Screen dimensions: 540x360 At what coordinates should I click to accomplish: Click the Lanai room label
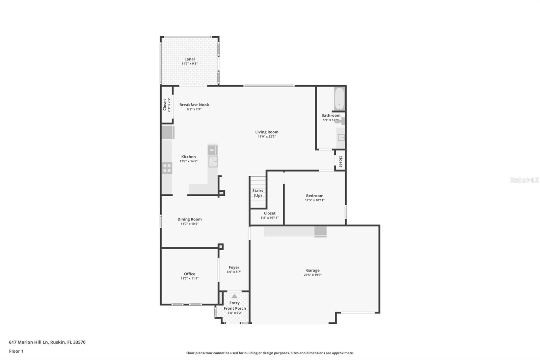(189, 59)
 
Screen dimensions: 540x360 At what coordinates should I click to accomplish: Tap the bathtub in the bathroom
(340, 99)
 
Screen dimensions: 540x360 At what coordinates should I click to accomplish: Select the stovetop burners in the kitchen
(167, 168)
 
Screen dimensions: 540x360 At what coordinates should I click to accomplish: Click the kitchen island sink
(213, 161)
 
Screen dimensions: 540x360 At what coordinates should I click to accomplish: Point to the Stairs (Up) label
(258, 193)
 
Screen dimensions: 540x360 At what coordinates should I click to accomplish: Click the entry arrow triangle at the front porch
(234, 296)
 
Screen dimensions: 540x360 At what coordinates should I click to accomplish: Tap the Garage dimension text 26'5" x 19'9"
(313, 275)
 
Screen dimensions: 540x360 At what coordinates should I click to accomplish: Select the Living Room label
(267, 132)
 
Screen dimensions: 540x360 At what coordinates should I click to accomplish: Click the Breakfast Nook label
(194, 105)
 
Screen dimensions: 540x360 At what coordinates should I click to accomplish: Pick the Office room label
(189, 274)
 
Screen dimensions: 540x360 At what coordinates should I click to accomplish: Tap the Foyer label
(234, 267)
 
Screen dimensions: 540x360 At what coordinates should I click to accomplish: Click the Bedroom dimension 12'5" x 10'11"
(315, 200)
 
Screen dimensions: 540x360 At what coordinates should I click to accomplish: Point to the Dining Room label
(189, 219)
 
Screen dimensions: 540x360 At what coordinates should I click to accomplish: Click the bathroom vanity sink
(341, 138)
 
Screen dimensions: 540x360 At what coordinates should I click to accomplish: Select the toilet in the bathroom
(340, 121)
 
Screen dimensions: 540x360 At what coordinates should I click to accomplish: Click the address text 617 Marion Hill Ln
(29, 342)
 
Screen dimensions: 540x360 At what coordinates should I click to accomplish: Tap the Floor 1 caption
(16, 351)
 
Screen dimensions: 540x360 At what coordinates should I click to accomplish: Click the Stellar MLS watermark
(524, 180)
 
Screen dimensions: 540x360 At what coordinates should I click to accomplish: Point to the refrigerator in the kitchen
(168, 132)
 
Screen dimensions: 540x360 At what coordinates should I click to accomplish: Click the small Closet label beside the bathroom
(341, 161)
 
